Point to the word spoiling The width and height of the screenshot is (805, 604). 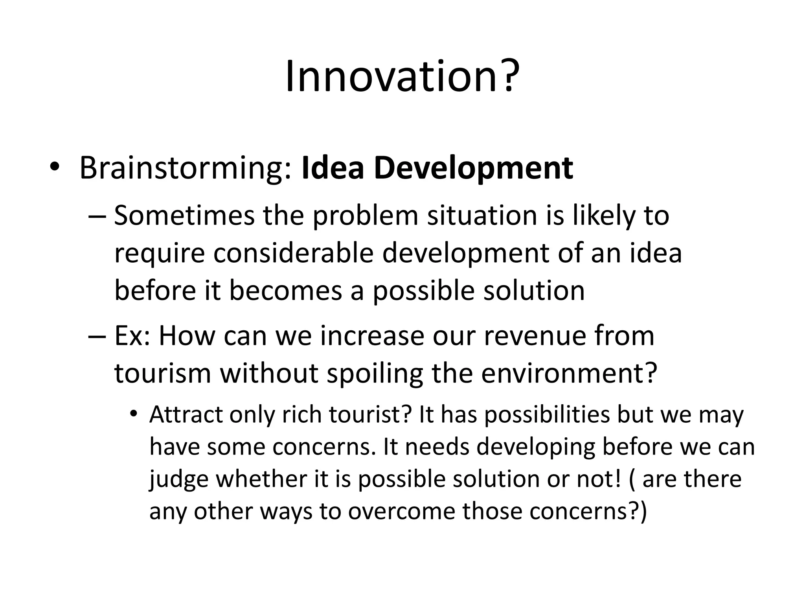[x=375, y=374]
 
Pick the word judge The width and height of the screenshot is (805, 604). [x=178, y=480]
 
